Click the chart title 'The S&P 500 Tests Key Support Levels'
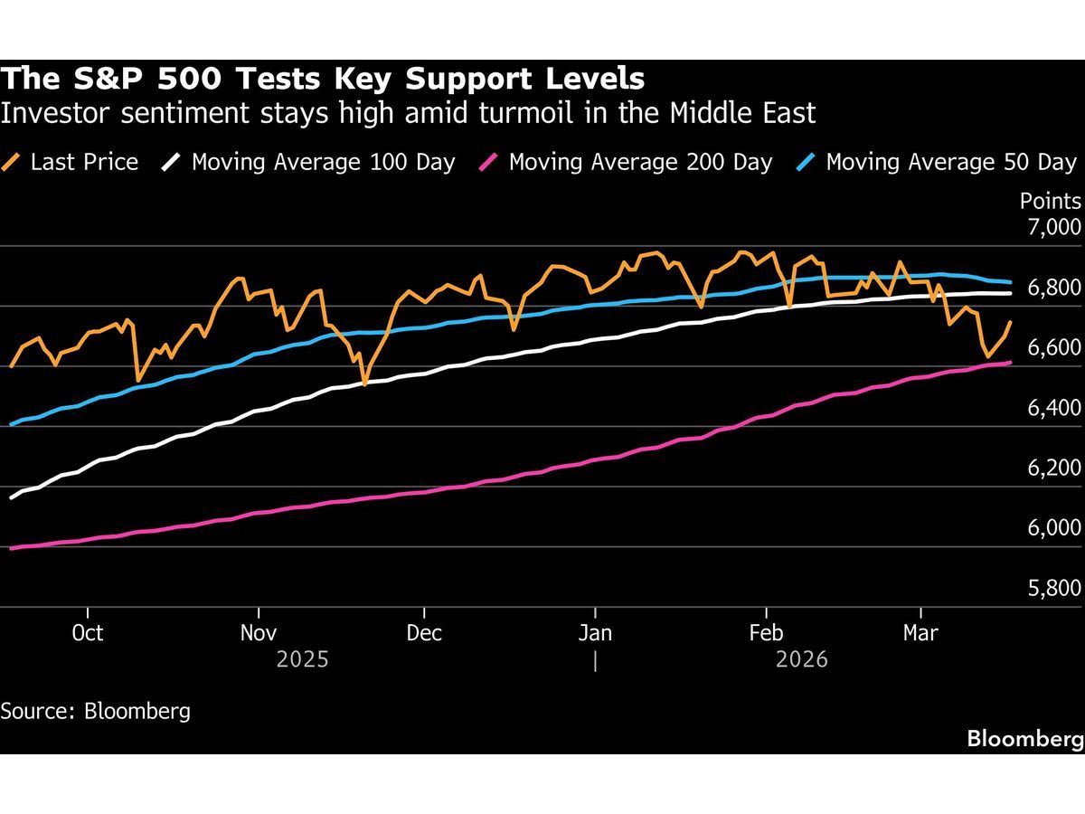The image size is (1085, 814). coord(323,79)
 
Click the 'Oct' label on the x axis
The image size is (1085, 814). coord(87,633)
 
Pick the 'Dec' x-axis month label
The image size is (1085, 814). coord(424,633)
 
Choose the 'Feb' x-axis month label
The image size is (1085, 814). coord(767,633)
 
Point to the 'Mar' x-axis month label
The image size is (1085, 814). coord(920,633)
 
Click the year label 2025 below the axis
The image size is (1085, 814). coord(303,660)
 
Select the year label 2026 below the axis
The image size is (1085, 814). coord(802,660)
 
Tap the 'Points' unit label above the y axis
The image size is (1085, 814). coord(1050,201)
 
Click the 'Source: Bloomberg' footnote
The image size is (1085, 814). coord(96,711)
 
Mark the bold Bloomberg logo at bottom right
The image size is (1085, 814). coord(1024,739)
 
